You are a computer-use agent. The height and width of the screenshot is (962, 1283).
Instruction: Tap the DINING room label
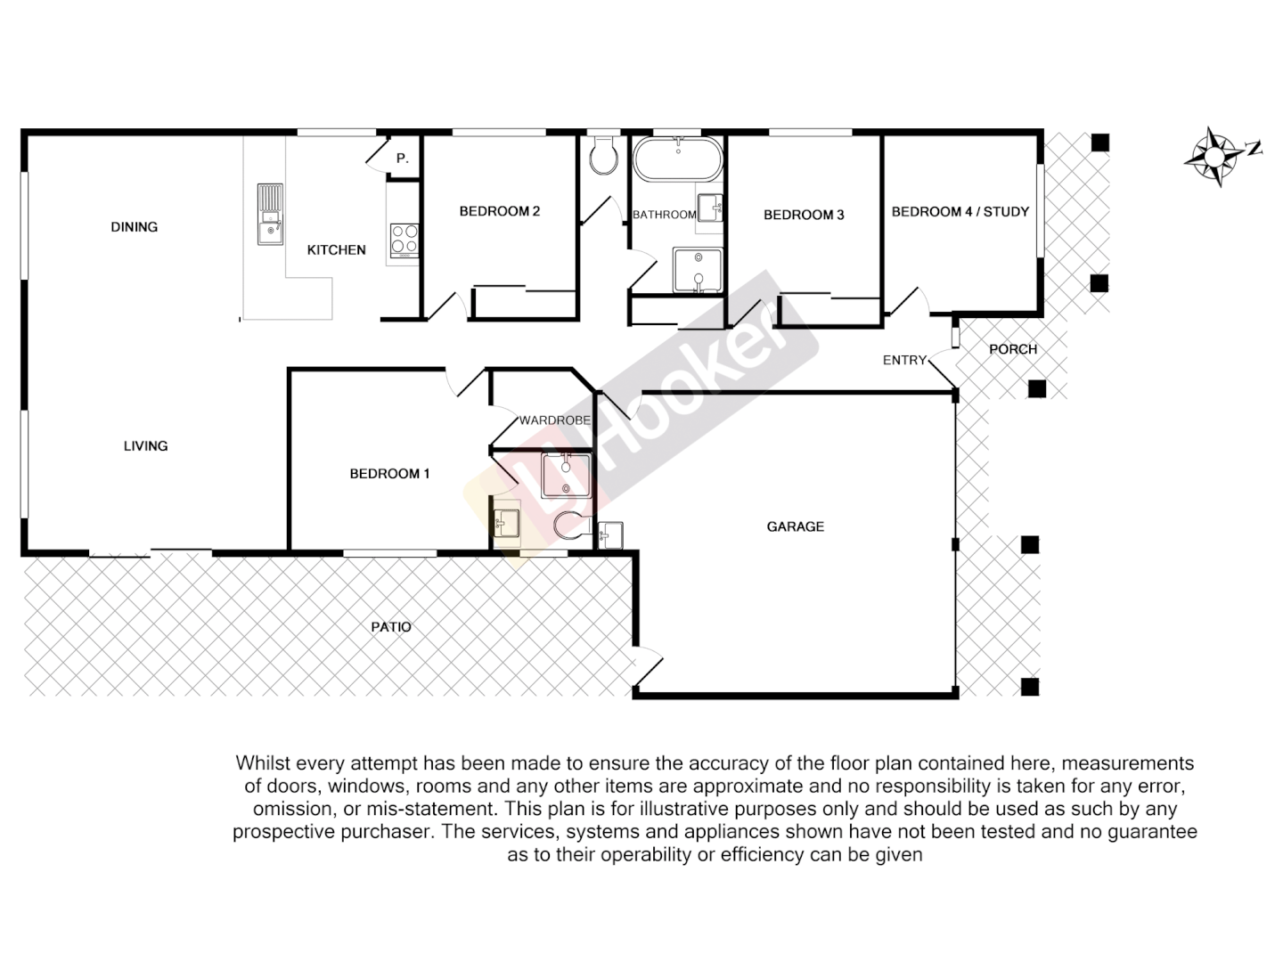[x=135, y=227]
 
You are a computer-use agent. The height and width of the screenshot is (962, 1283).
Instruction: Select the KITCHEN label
[x=336, y=250]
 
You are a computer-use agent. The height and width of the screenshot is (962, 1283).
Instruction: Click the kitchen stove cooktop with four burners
[x=404, y=239]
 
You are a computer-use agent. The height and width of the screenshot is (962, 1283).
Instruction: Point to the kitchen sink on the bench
[x=269, y=214]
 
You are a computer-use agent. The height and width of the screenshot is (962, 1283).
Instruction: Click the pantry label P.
[x=402, y=159]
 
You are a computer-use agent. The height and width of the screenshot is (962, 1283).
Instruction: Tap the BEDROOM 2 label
[x=499, y=211]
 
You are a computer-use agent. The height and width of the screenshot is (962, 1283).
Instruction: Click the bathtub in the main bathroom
[x=678, y=159]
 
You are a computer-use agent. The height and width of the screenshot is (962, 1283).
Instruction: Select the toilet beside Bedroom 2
[x=604, y=156]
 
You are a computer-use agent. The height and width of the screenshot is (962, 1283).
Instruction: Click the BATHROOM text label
[x=664, y=215]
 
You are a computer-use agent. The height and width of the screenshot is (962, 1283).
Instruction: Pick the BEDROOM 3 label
[x=804, y=215]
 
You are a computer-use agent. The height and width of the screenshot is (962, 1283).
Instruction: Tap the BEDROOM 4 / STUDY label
[x=960, y=212]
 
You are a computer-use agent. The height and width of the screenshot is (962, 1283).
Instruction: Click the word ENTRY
[x=904, y=360]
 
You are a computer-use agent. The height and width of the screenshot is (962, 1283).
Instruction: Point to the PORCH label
[x=1013, y=349]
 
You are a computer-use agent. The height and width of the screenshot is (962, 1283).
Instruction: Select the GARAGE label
[x=795, y=526]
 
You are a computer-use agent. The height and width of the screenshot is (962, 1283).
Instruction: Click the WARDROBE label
[x=554, y=420]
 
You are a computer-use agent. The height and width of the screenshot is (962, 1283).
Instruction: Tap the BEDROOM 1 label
[x=389, y=474]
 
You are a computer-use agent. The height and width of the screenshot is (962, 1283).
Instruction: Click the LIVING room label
[x=145, y=446]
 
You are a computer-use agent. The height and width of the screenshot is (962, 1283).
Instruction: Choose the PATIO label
[x=391, y=627]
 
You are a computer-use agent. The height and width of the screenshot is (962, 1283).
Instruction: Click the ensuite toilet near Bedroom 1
[x=570, y=526]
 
